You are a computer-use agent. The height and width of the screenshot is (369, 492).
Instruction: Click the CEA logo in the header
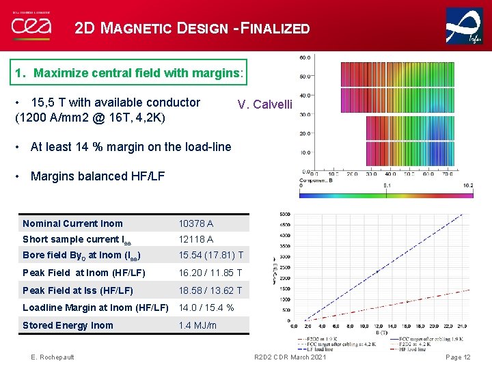pos(31,26)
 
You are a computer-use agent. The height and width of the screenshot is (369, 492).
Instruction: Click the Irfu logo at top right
pos(464,27)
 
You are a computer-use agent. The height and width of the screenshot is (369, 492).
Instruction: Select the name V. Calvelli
pos(264,105)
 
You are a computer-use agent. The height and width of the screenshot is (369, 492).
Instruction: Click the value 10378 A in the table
pos(195,223)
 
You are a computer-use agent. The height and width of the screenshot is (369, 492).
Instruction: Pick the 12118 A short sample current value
pos(195,239)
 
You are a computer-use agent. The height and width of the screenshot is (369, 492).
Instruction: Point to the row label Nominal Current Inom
pos(72,223)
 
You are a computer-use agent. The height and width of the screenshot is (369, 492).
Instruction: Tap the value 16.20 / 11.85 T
pos(210,273)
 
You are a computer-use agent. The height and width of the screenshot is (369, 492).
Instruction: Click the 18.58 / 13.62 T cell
pos(210,291)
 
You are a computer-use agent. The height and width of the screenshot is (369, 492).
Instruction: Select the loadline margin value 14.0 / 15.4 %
pos(206,308)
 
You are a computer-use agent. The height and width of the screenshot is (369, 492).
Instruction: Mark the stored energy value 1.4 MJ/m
pos(197,325)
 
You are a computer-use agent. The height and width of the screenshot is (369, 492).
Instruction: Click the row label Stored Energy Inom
pos(68,325)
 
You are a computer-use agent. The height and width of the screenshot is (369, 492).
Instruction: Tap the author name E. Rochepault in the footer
pos(53,357)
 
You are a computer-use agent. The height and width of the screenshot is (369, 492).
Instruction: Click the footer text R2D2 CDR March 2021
pos(290,357)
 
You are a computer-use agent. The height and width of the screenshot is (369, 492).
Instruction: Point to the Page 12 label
pos(458,357)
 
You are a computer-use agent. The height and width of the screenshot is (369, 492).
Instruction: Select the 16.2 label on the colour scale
pos(469,185)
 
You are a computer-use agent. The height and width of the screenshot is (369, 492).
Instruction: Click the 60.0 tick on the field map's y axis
pos(305,57)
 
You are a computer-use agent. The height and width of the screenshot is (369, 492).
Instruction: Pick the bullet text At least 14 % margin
pos(131,146)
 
